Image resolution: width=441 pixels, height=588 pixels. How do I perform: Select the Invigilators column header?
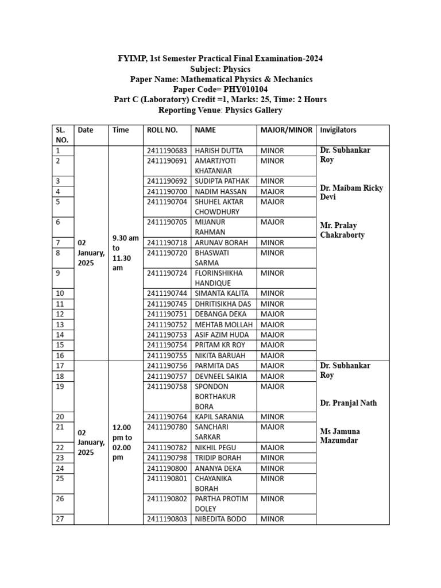click(x=338, y=130)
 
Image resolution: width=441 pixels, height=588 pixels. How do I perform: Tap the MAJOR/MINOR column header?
click(x=286, y=130)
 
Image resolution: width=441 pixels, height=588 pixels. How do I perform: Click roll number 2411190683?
click(x=167, y=150)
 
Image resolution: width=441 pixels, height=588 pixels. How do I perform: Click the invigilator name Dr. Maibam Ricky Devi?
click(x=351, y=192)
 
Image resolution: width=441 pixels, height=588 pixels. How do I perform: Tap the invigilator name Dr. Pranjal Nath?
click(x=348, y=403)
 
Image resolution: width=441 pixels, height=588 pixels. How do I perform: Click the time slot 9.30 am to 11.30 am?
click(x=125, y=253)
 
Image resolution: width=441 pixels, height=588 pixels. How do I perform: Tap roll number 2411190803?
click(x=167, y=519)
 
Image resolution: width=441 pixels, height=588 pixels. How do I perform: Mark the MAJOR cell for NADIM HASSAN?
click(x=272, y=191)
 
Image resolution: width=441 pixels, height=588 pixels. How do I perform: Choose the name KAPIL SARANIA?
click(x=219, y=417)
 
